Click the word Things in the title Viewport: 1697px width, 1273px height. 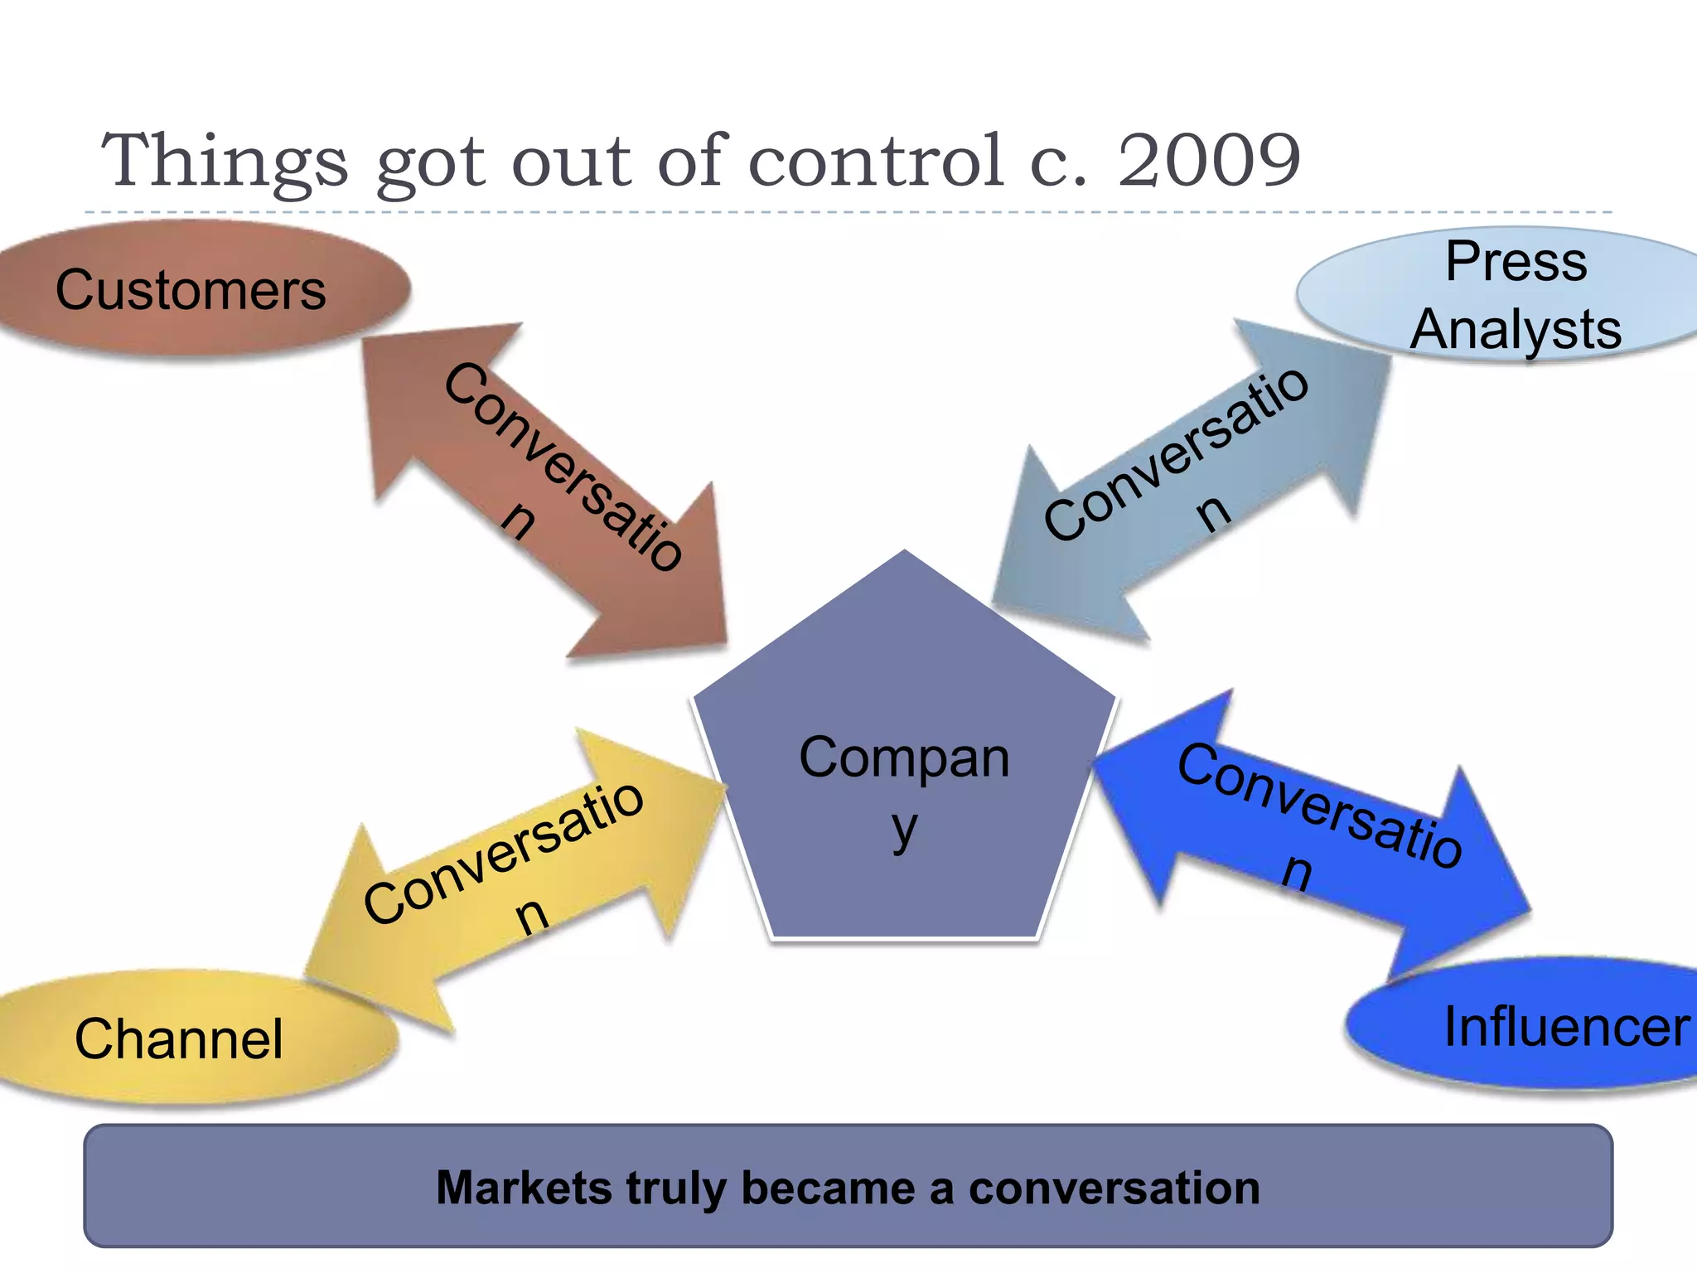click(224, 162)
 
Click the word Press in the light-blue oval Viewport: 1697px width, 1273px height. click(1516, 262)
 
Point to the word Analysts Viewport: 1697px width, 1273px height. click(1516, 330)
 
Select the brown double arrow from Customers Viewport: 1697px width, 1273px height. click(547, 489)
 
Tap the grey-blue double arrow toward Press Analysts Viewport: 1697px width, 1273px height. click(1193, 481)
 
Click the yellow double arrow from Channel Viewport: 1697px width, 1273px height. click(514, 879)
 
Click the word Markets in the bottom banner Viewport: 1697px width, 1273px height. click(524, 1188)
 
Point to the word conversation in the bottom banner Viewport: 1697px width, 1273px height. click(1114, 1188)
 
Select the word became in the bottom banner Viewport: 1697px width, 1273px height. click(828, 1188)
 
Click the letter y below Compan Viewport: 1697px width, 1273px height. click(905, 829)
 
